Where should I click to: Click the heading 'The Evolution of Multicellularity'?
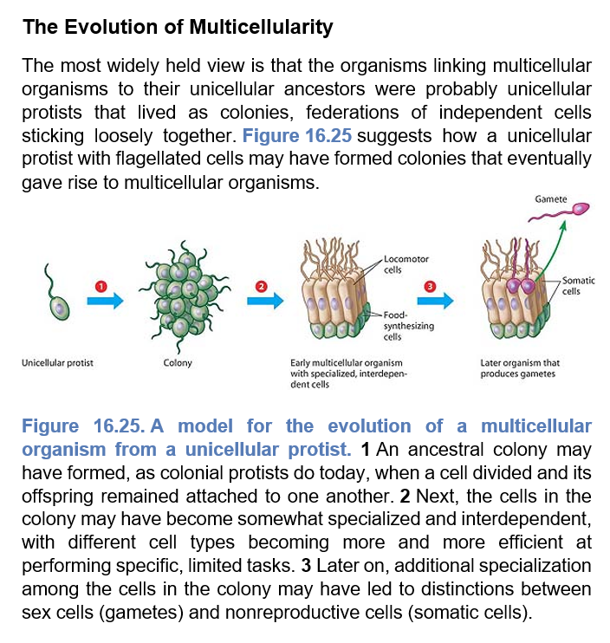coord(178,27)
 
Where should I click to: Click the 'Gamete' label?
coord(551,199)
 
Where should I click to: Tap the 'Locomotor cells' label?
coord(405,263)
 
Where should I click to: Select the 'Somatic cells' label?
coord(578,285)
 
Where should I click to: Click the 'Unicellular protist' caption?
coord(57,363)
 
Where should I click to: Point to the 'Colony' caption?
coord(178,363)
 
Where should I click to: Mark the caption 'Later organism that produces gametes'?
coord(520,368)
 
